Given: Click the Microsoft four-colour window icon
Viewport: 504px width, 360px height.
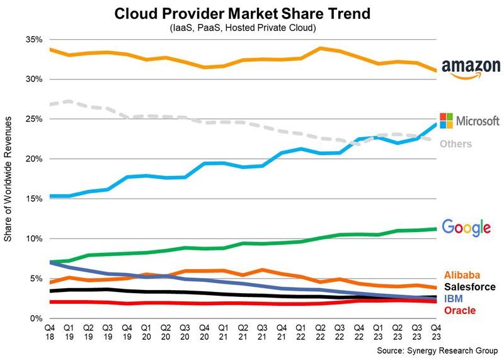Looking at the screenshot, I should (447, 120).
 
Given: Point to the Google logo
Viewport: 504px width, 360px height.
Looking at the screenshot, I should (466, 228).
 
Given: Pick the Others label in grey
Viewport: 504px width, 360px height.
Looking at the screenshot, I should (456, 144).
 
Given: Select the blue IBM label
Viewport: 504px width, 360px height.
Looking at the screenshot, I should (454, 299).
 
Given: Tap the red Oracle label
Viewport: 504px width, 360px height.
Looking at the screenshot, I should (459, 310).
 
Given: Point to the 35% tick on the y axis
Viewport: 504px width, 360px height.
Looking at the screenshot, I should (33, 40).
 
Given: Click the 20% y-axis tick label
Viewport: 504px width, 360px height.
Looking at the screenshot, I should (33, 159).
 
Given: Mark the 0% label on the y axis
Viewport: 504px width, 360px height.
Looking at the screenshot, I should (36, 318).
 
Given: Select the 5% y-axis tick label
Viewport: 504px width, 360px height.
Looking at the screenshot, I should (36, 279).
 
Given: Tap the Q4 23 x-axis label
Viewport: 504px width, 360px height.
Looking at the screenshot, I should (435, 332).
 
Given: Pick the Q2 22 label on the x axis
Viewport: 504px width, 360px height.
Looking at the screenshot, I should (320, 332).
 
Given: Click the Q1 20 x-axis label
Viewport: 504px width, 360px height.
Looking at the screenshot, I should (146, 332).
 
